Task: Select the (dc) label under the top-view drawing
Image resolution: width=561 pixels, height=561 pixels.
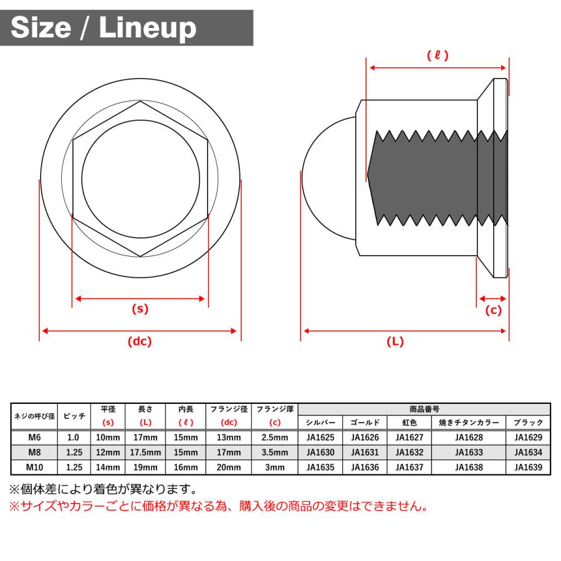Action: (x=140, y=341)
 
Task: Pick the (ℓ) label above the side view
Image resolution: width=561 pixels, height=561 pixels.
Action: (x=438, y=55)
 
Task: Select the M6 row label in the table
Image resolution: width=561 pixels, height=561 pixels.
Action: (x=34, y=438)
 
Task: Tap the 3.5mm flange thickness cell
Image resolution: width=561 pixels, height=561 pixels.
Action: (x=275, y=453)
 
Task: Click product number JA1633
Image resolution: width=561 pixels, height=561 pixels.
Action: (x=468, y=453)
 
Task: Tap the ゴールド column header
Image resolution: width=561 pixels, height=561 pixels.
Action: (x=365, y=423)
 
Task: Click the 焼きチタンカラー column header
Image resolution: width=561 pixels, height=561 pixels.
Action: (x=468, y=423)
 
